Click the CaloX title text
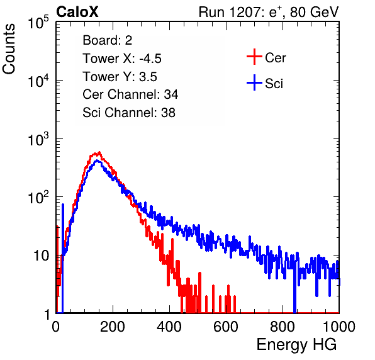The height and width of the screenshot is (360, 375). pyautogui.click(x=77, y=12)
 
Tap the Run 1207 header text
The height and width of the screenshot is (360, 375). pyautogui.click(x=269, y=12)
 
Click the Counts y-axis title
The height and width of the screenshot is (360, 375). pyautogui.click(x=9, y=49)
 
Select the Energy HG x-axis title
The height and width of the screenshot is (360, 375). pyautogui.click(x=296, y=345)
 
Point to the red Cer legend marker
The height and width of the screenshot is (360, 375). pyautogui.click(x=254, y=57)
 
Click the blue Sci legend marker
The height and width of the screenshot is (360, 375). pyautogui.click(x=254, y=82)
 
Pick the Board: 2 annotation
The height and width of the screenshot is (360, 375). pyautogui.click(x=108, y=40)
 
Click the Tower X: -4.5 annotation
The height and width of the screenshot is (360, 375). pyautogui.click(x=122, y=59)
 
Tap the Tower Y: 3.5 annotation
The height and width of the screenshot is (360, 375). pyautogui.click(x=120, y=77)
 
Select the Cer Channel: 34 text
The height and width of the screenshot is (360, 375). pyautogui.click(x=130, y=94)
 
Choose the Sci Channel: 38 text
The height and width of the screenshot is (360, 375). pyautogui.click(x=129, y=113)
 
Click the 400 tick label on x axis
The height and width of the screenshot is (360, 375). pyautogui.click(x=169, y=327)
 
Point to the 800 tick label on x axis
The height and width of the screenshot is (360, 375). pyautogui.click(x=283, y=327)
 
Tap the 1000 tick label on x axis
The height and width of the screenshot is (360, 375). pyautogui.click(x=339, y=327)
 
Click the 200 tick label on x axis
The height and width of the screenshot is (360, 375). pyautogui.click(x=113, y=327)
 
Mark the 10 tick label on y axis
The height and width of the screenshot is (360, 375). pyautogui.click(x=42, y=256)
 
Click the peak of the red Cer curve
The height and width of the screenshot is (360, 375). pyautogui.click(x=99, y=152)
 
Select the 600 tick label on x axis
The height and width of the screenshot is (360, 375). pyautogui.click(x=226, y=327)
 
